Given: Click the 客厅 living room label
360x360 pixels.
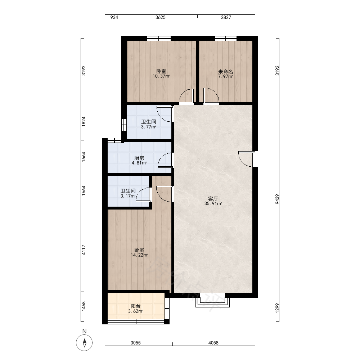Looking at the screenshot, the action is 213,199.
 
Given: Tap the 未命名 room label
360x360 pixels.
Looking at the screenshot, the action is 225,71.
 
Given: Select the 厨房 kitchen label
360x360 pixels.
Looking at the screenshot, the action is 139,158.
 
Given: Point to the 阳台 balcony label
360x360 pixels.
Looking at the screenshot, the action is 135,306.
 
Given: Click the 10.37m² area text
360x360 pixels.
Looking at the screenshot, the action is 161,76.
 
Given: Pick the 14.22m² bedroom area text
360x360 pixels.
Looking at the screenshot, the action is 139,255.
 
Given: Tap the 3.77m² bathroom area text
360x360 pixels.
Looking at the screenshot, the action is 149,127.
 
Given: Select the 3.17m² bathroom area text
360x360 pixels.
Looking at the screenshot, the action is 128,196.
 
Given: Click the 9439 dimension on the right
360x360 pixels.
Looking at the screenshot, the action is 277,199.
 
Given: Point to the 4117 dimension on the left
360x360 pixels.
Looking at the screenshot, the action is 84,250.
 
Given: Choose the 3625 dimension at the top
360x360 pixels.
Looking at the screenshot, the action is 161,17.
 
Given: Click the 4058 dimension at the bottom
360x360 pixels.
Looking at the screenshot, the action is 213,343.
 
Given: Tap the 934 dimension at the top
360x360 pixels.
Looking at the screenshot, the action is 114,17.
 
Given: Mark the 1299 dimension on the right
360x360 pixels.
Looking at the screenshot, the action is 277,308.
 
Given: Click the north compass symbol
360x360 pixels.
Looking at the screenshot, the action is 84,343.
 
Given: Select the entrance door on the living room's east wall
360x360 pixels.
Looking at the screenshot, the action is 247,159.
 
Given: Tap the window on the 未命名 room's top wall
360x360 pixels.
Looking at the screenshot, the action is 226,39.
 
